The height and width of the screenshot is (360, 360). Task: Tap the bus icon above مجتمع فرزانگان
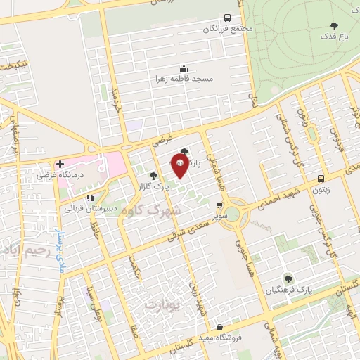[x=227, y=18]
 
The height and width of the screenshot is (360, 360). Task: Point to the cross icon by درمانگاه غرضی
[x=61, y=163]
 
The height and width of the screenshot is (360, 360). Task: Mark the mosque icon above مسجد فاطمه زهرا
[x=184, y=68]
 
